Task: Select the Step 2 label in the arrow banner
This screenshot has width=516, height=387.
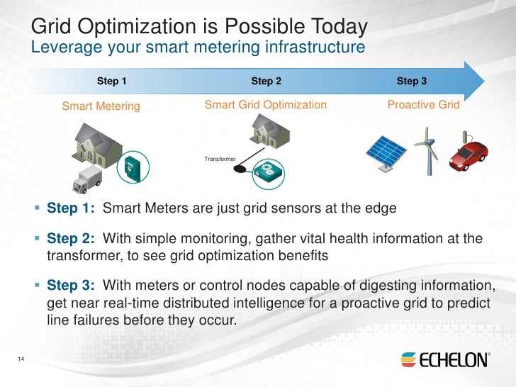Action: (x=266, y=82)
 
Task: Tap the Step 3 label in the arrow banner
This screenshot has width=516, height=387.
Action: (x=411, y=82)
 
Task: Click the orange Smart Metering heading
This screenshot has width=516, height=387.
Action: (x=101, y=107)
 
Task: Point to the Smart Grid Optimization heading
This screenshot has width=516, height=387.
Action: (x=265, y=105)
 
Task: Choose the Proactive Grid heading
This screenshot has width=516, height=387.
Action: (x=423, y=105)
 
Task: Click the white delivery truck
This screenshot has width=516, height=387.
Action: (x=87, y=180)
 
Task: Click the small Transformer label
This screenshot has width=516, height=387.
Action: (x=220, y=159)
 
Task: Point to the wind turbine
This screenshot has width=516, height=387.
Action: (x=427, y=150)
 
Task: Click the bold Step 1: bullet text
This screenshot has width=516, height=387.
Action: (x=70, y=209)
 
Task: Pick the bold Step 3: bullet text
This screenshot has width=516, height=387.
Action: (x=70, y=286)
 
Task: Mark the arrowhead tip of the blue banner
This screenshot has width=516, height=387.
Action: (x=482, y=80)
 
